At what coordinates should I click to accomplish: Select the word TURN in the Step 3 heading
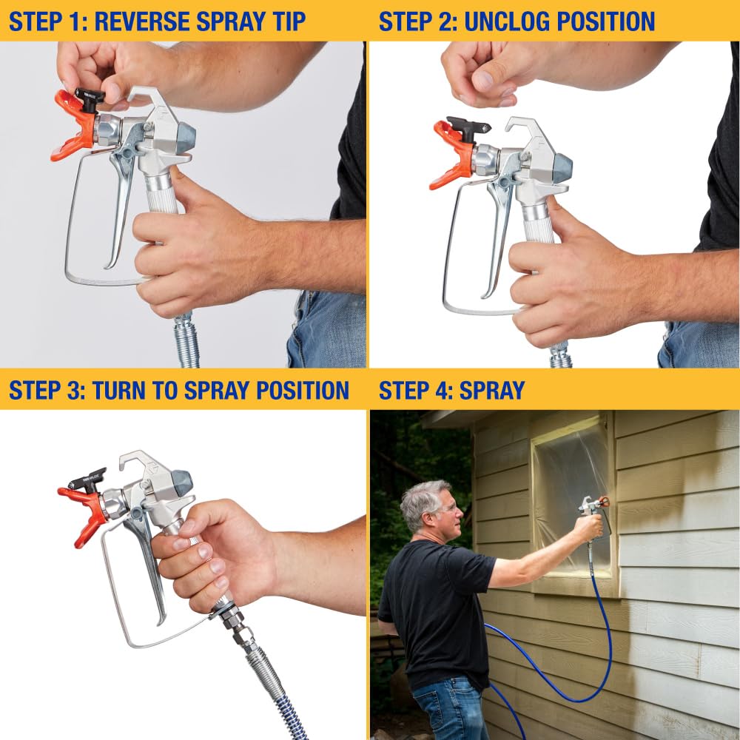click(121, 390)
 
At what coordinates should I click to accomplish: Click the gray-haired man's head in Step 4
click(428, 506)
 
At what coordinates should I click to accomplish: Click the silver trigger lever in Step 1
click(121, 200)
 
